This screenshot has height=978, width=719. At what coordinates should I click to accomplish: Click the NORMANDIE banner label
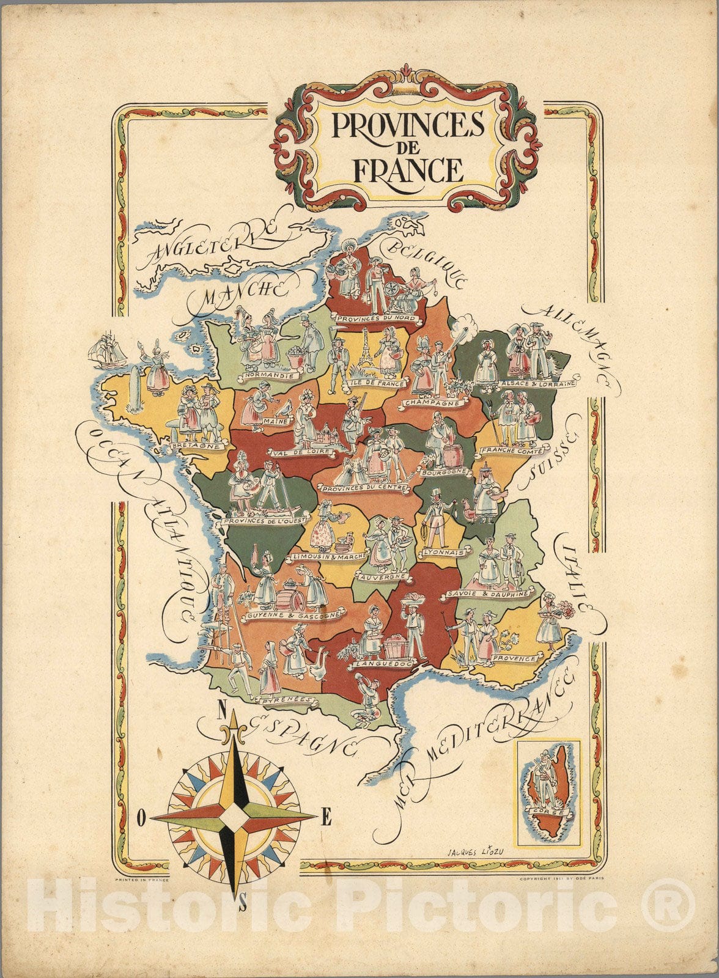(x=267, y=375)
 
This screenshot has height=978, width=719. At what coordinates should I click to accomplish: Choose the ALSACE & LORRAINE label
(x=538, y=384)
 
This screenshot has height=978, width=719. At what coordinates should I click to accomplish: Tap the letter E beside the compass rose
(x=326, y=817)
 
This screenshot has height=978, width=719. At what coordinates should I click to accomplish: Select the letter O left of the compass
(x=141, y=817)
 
